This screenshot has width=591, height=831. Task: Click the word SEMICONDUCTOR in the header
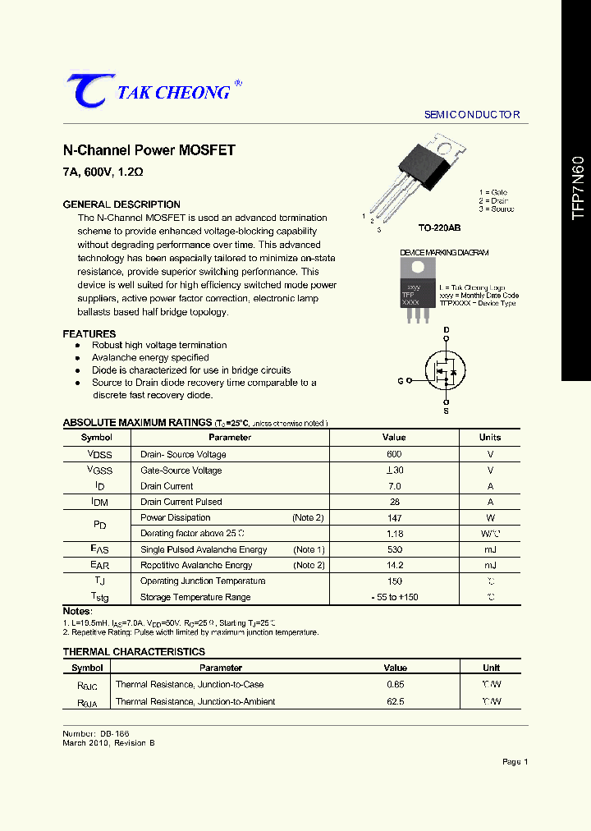coord(472,115)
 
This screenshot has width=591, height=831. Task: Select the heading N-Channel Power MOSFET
coord(149,150)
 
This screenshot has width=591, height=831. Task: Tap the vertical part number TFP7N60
coord(577,186)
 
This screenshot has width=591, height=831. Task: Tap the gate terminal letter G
coord(400,381)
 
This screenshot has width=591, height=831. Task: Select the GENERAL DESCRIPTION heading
coord(121,204)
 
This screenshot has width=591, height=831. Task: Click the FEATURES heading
coord(89,334)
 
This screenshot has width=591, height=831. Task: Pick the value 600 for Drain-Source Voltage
coord(394,454)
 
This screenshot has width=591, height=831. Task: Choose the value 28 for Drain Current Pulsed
coord(394,502)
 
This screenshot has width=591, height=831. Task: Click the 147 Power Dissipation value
coord(394,517)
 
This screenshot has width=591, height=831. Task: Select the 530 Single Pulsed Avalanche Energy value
coord(394,549)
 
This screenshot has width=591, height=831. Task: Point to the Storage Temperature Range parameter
coord(195,597)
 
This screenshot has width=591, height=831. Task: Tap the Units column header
coord(489,438)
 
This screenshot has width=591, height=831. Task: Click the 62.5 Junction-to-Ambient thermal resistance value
coord(395,701)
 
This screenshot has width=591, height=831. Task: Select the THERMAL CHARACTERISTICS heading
coord(134,652)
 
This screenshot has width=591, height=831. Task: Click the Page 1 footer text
coord(515,762)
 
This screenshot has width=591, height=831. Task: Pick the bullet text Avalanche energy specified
coord(150,358)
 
